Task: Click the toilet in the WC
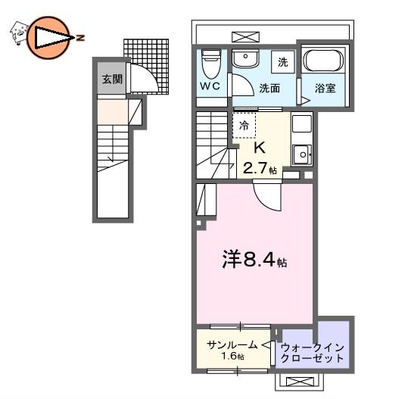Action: coord(211,64)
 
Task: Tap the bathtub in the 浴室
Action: coord(323,60)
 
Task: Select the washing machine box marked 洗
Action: coord(283,62)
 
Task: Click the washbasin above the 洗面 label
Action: coord(245,58)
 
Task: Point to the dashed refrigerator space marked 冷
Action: coord(244,126)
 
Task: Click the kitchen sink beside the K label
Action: coord(302,154)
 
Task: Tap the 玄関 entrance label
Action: coord(112,79)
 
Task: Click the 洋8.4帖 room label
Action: coord(254,260)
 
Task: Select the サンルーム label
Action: coord(232,345)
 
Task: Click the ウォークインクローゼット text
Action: coord(312,353)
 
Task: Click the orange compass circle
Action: coord(48,38)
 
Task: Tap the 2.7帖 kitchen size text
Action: coord(260,168)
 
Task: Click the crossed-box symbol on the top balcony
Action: coord(245,37)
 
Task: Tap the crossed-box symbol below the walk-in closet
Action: coord(300,382)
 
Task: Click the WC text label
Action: coord(210,86)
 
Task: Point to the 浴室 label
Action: coord(325,88)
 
